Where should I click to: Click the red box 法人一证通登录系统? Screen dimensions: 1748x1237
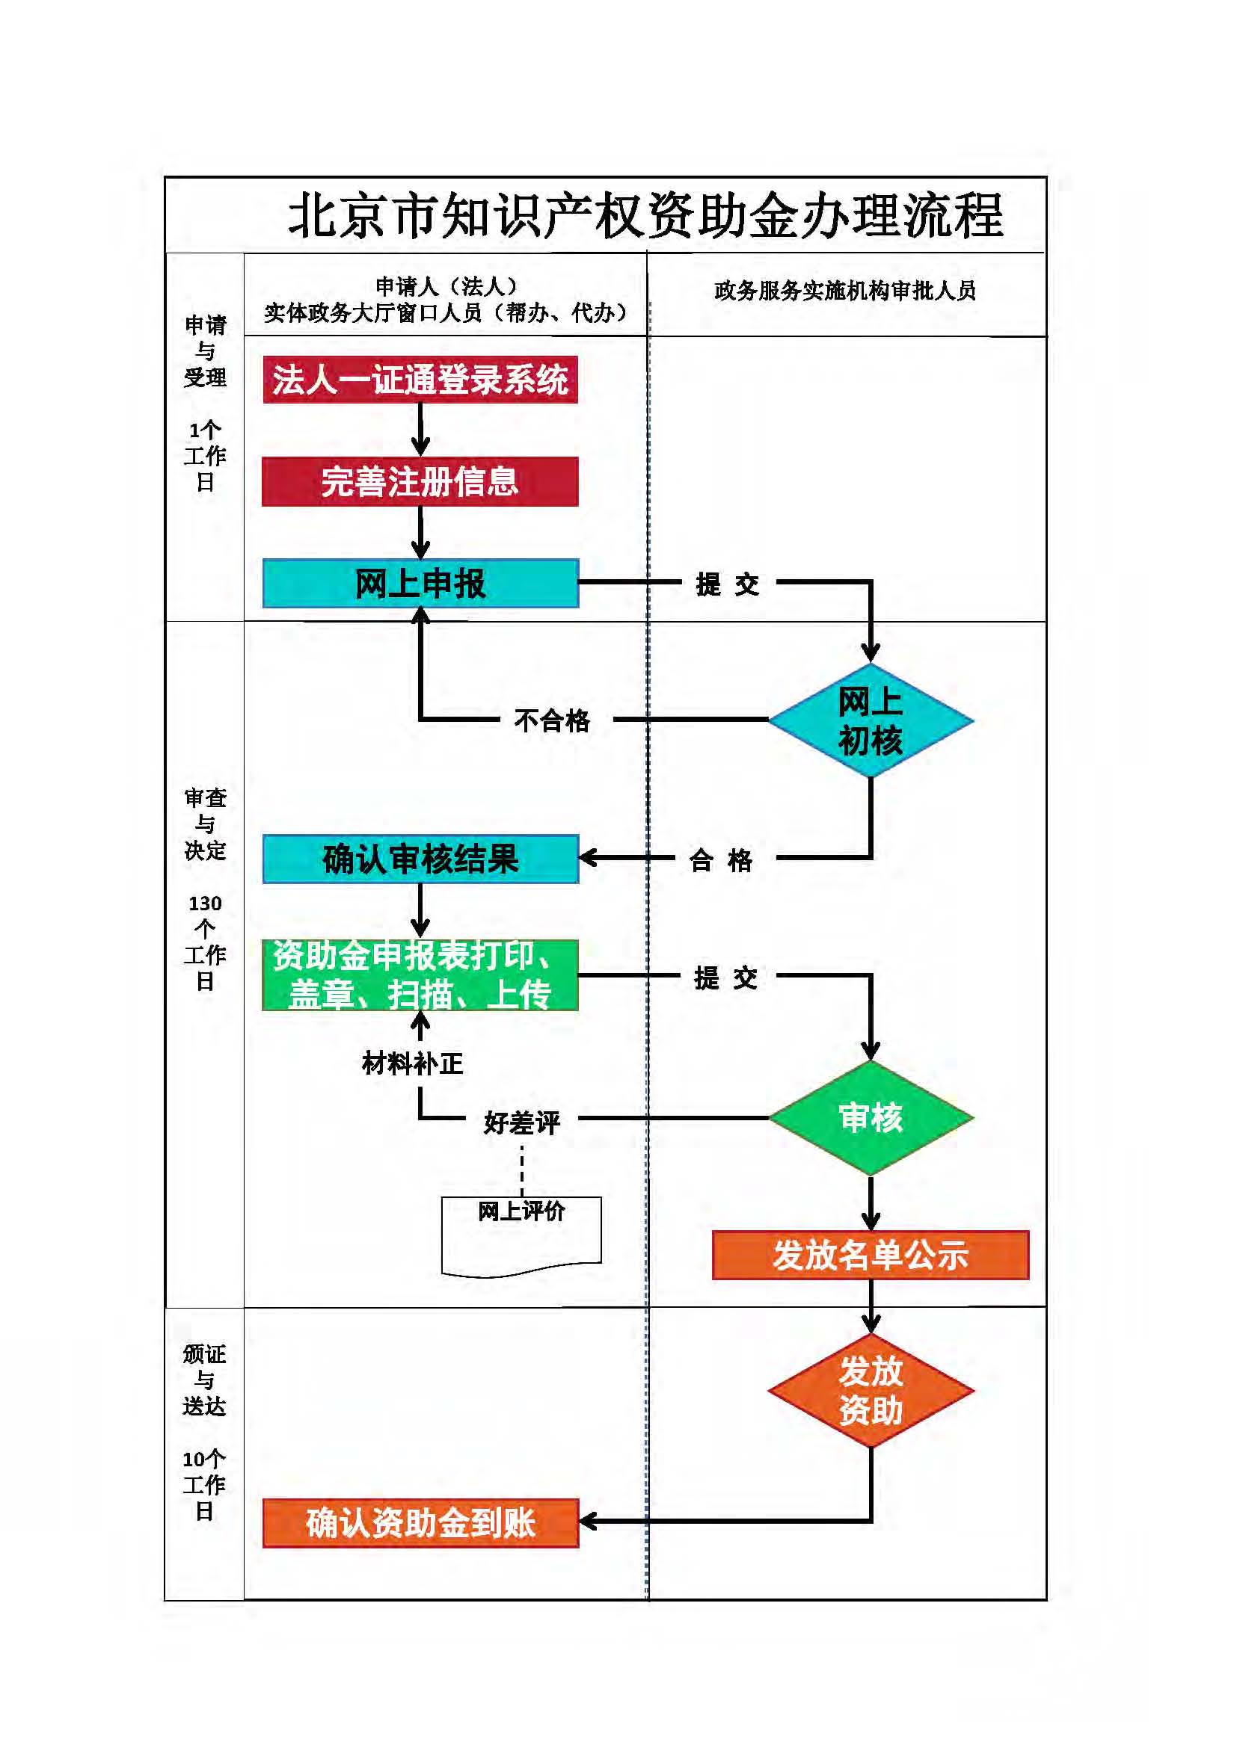pyautogui.click(x=420, y=379)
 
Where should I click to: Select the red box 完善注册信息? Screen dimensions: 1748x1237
pyautogui.click(x=420, y=481)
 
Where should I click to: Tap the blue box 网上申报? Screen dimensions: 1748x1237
pyautogui.click(x=420, y=583)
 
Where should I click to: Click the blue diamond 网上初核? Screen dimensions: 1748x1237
pyautogui.click(x=871, y=720)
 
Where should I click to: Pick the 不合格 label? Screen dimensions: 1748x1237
pyautogui.click(x=552, y=720)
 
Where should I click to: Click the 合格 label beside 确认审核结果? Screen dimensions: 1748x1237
pyautogui.click(x=720, y=860)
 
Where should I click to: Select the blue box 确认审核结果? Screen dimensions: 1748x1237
pyautogui.click(x=420, y=859)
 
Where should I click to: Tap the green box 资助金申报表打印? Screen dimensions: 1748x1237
pyautogui.click(x=420, y=975)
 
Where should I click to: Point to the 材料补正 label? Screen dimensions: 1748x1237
pyautogui.click(x=412, y=1063)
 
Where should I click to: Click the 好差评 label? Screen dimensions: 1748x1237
pyautogui.click(x=522, y=1122)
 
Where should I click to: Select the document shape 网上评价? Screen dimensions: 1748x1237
pyautogui.click(x=522, y=1233)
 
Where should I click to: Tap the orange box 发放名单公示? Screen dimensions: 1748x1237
pyautogui.click(x=870, y=1256)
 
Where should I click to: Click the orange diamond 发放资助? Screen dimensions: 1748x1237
pyautogui.click(x=871, y=1390)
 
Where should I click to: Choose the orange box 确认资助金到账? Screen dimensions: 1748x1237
pyautogui.click(x=420, y=1522)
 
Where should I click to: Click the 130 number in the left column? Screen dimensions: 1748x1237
pyautogui.click(x=205, y=904)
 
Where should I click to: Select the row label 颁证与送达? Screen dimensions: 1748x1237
pyautogui.click(x=204, y=1380)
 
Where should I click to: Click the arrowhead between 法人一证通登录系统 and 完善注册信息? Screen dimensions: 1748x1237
pyautogui.click(x=420, y=446)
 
